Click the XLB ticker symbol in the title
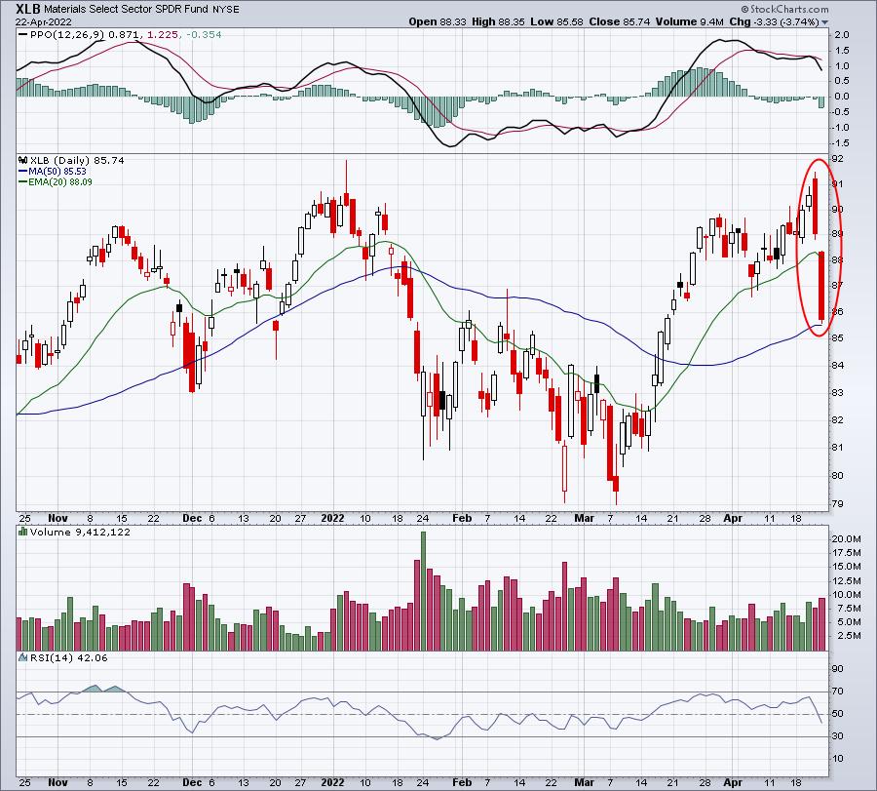[28, 9]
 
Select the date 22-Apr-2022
[43, 22]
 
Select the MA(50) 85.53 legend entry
[57, 172]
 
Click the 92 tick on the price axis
[837, 159]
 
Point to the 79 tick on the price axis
[837, 504]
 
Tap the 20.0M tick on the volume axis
[846, 539]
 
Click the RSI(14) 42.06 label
[68, 657]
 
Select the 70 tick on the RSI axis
[837, 692]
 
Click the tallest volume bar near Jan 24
[423, 591]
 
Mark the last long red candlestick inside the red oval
[821, 286]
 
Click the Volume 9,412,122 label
[80, 532]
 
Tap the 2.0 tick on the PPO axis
[841, 35]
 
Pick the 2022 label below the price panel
[332, 518]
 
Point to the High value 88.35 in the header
[496, 21]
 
